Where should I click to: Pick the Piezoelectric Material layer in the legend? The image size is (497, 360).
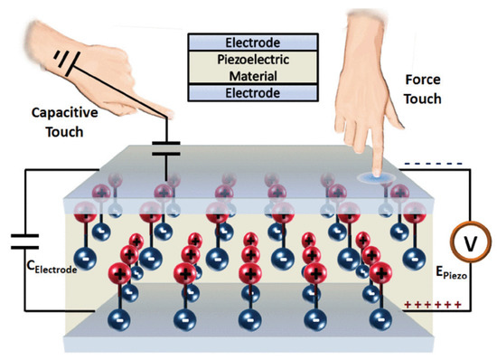(252, 67)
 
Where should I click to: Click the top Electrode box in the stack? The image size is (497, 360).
(252, 42)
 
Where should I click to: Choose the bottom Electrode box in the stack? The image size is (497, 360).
(252, 92)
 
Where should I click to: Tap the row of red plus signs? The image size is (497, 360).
(432, 309)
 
